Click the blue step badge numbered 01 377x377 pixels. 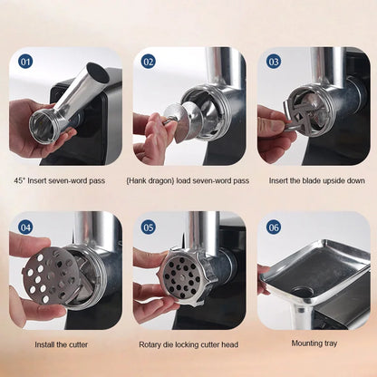(x=25, y=62)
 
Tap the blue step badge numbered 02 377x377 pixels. (x=149, y=62)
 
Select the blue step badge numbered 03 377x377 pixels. (x=274, y=62)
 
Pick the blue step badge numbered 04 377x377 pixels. (x=25, y=227)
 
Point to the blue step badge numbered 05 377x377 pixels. (x=149, y=227)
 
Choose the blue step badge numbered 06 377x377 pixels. (x=274, y=227)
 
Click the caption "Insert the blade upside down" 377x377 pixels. (x=317, y=180)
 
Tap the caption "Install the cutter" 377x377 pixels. (x=62, y=344)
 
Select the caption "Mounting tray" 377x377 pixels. (x=314, y=343)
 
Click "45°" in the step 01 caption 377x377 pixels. (x=20, y=180)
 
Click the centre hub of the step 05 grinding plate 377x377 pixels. (x=182, y=275)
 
